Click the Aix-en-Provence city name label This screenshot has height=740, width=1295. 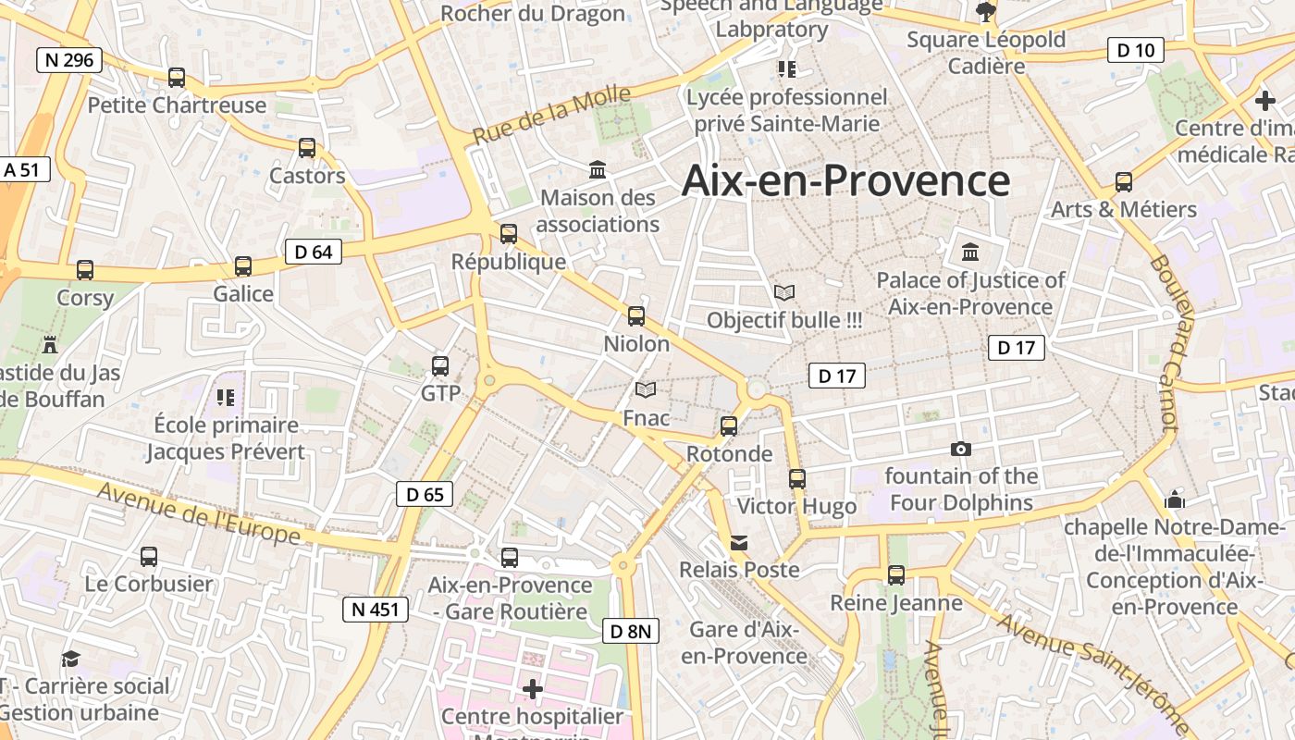(845, 180)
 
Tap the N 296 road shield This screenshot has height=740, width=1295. (69, 60)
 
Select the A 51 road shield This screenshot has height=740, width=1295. (22, 169)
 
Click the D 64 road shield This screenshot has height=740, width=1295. (314, 252)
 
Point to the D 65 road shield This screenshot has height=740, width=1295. (425, 494)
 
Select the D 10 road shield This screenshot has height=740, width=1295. (1135, 50)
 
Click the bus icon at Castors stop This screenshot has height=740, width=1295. (307, 148)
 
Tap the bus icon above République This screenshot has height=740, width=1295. (509, 234)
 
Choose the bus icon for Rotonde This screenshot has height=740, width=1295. (729, 426)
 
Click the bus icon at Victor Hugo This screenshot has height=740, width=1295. (797, 479)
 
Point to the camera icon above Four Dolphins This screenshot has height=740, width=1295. (961, 450)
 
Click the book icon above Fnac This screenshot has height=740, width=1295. (646, 390)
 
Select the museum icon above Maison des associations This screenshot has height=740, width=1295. (598, 170)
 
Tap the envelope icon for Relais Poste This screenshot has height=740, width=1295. (739, 542)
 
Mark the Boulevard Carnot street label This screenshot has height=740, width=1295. (1165, 342)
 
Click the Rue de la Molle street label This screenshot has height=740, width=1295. (551, 115)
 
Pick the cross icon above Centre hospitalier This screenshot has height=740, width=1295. (533, 689)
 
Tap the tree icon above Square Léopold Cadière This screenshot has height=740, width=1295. (986, 12)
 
